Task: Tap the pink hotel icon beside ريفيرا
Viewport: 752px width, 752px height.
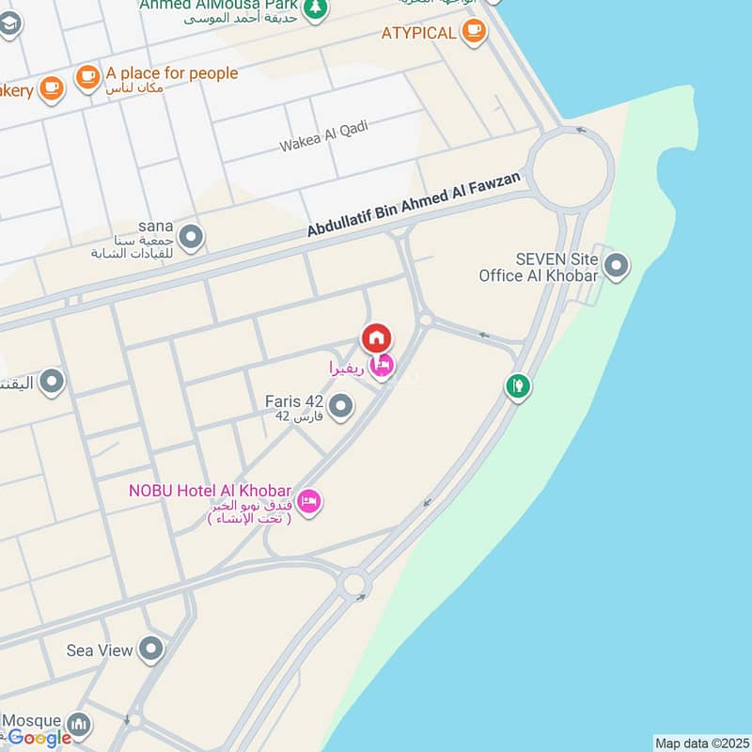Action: [382, 367]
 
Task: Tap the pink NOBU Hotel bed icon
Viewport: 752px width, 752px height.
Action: [310, 502]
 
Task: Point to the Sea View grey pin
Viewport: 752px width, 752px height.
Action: [150, 649]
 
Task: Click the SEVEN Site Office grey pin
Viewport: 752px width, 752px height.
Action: [617, 267]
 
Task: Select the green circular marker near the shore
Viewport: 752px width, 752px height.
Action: [517, 385]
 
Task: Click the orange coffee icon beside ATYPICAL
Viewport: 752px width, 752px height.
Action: [473, 32]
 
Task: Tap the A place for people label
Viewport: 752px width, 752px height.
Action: [171, 73]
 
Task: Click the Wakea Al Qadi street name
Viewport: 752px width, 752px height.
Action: [323, 137]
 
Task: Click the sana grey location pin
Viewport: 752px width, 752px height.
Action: [191, 238]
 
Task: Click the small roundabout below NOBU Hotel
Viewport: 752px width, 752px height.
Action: [354, 584]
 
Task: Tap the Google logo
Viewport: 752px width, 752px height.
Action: [39, 738]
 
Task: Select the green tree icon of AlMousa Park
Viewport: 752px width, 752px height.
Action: [317, 8]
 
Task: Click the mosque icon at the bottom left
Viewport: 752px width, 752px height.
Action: [80, 725]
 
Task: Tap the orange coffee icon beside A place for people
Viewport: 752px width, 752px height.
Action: [87, 78]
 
